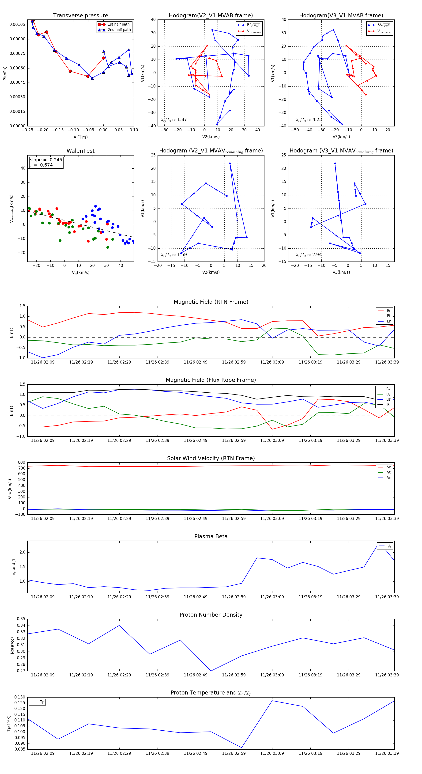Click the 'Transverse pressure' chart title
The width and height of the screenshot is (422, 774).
pos(80,16)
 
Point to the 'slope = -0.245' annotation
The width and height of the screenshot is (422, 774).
pos(46,160)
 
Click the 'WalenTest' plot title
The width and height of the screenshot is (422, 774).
pos(80,151)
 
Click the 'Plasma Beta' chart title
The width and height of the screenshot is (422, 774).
pos(211,536)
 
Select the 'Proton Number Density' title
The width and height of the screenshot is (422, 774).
pos(211,615)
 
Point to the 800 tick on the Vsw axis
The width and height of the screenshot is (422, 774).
pos(22,463)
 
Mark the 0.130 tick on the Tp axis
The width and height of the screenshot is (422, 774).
pos(20,697)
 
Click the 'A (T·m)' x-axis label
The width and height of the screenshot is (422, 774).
pos(80,137)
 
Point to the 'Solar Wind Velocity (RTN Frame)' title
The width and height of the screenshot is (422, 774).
pos(211,458)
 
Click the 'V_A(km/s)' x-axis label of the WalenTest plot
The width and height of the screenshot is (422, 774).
pos(80,273)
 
